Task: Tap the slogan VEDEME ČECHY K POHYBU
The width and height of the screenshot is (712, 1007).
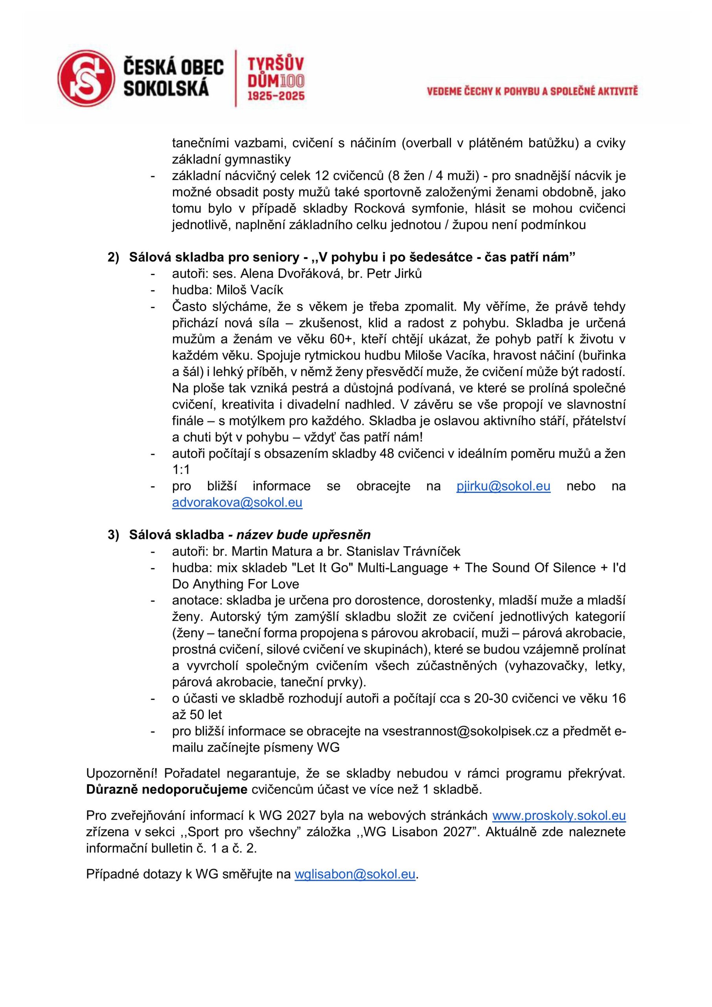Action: tap(532, 91)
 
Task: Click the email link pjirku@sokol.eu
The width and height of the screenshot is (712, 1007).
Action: tap(503, 487)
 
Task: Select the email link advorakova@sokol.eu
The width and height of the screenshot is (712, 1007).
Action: tap(237, 503)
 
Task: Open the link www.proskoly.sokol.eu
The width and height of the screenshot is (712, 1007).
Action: tap(559, 815)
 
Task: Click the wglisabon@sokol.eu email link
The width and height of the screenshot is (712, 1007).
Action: tap(355, 874)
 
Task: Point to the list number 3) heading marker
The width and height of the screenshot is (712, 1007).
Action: tap(113, 535)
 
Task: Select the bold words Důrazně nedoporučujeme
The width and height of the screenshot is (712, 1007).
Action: tap(167, 789)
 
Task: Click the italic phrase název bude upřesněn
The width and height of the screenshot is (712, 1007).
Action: tap(304, 535)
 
